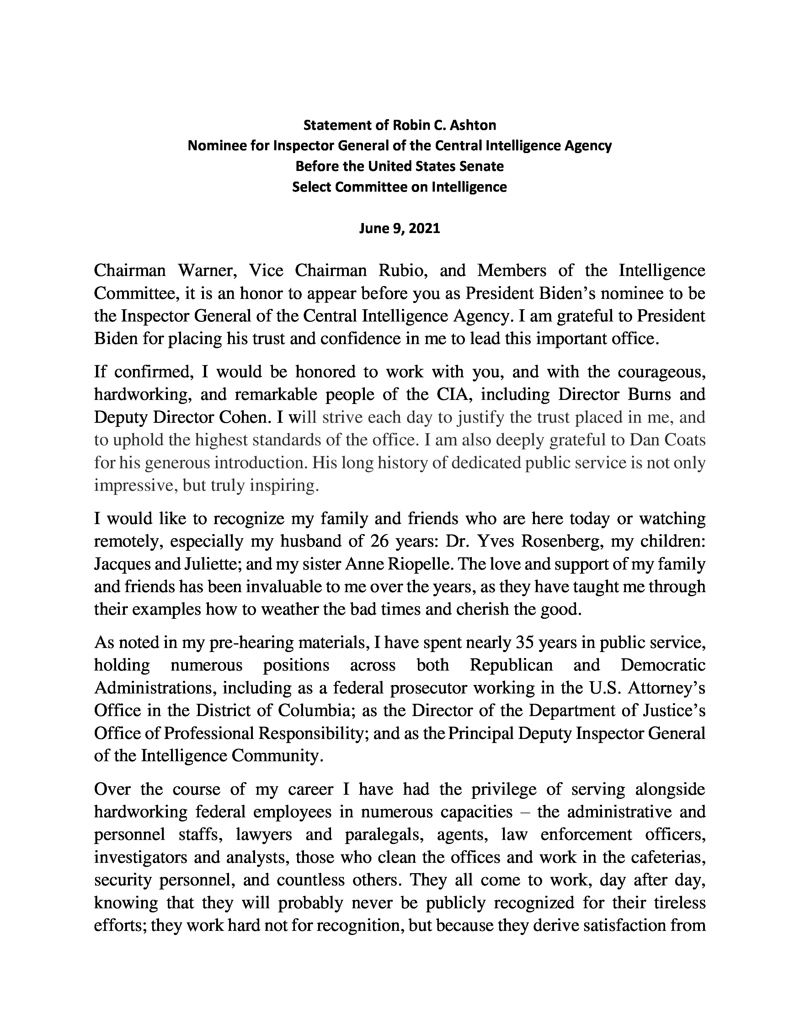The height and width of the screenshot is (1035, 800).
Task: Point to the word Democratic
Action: (x=663, y=665)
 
